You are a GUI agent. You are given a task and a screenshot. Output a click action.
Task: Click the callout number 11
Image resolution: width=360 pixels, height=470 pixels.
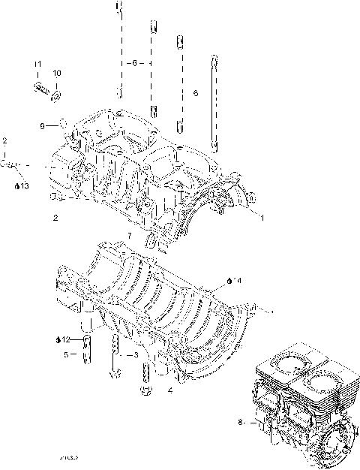point(37,73)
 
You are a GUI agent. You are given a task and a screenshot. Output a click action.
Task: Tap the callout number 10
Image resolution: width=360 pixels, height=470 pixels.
point(57,73)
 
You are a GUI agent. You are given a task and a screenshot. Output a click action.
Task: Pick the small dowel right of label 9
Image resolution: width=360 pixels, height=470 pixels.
point(63,124)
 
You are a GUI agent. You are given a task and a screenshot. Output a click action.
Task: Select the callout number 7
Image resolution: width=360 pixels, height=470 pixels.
point(129,236)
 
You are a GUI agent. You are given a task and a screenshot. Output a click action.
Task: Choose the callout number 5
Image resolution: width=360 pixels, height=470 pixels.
point(65,354)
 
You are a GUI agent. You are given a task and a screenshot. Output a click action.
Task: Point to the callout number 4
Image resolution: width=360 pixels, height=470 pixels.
point(171,391)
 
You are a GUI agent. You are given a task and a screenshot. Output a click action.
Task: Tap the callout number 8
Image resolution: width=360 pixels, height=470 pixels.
point(241,423)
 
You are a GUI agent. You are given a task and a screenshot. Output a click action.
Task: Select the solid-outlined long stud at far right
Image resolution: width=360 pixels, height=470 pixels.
point(213,101)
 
